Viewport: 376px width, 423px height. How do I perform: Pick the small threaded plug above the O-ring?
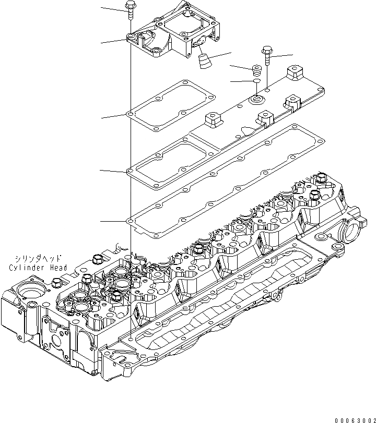pyautogui.click(x=256, y=69)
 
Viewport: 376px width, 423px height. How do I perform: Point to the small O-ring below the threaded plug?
pyautogui.click(x=256, y=81)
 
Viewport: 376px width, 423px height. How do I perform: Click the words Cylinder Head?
pyautogui.click(x=38, y=268)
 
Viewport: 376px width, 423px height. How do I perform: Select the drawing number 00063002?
pyautogui.click(x=352, y=418)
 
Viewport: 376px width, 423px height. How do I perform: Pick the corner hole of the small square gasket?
pyautogui.click(x=129, y=114)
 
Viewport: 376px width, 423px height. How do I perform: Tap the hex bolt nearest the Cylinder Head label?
pyautogui.click(x=96, y=260)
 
